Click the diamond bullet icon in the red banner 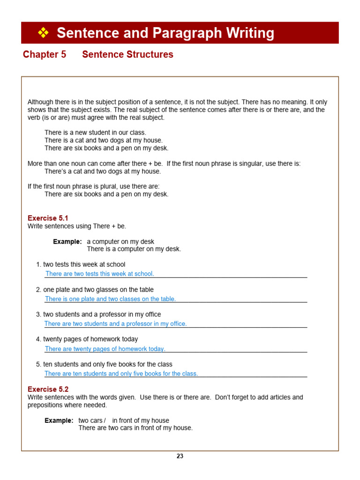(x=43, y=33)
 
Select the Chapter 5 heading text (x=45, y=54)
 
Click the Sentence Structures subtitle (x=127, y=54)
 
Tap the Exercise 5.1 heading (x=48, y=218)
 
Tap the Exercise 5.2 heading (x=48, y=389)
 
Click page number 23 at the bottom (x=180, y=456)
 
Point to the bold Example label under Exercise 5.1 (x=67, y=241)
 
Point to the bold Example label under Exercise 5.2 (x=59, y=420)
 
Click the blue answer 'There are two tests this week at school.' (x=99, y=274)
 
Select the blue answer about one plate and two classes (x=110, y=299)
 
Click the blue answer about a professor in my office (x=115, y=324)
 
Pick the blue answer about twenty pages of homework (x=105, y=349)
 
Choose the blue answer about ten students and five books (x=121, y=374)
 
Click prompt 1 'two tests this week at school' (x=84, y=264)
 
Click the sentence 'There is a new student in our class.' (x=95, y=133)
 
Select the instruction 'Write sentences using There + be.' (x=77, y=226)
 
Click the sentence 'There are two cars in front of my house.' (x=135, y=428)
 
